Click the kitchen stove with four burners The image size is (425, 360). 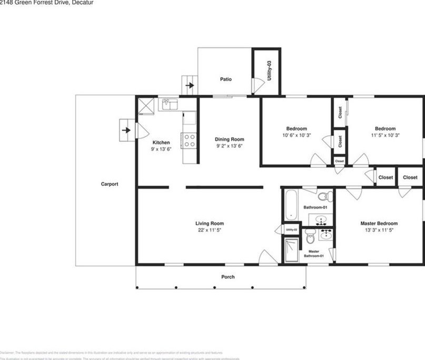[x=190, y=140]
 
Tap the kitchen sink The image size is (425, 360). [x=169, y=105]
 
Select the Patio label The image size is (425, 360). [x=225, y=79]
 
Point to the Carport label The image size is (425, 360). [x=109, y=184]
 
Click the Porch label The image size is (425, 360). [x=228, y=277]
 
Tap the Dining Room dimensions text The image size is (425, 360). [x=229, y=146]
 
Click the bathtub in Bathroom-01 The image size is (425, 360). [x=290, y=207]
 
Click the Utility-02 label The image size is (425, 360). [x=291, y=230]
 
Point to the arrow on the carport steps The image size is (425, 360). [x=126, y=129]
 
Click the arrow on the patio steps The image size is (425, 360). [x=190, y=84]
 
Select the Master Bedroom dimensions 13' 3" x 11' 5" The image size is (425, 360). [x=379, y=230]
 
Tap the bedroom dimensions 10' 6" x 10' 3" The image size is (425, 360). [x=296, y=135]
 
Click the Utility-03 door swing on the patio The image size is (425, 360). [x=256, y=86]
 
